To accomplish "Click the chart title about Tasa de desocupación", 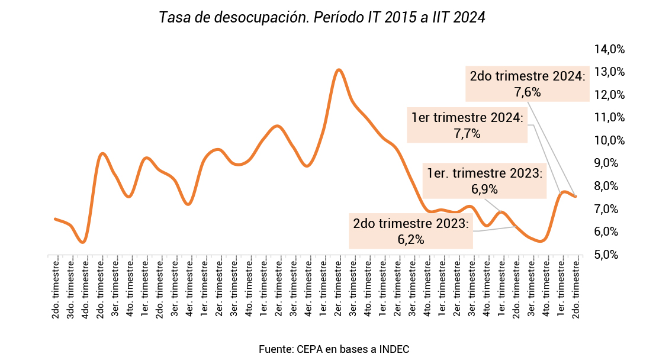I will coord(322,18).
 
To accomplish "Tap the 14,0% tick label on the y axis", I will coord(609,49).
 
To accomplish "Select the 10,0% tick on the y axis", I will coord(609,140).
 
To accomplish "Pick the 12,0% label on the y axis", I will coord(609,95).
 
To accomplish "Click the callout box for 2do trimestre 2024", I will coord(527,83).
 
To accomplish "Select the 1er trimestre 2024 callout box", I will coord(467,125).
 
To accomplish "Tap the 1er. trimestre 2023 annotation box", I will coord(484,181).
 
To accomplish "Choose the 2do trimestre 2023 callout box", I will coord(410,231).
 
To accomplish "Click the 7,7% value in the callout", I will coord(467,134).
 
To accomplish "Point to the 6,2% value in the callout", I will coord(411,239).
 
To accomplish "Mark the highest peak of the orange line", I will coord(339,70).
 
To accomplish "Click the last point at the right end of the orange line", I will coord(575,196).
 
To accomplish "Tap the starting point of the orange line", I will coord(55,219).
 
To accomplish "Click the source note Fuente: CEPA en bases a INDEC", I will coord(334,349).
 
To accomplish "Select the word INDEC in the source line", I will coord(394,349).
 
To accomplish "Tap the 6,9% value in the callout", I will coord(484,189).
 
